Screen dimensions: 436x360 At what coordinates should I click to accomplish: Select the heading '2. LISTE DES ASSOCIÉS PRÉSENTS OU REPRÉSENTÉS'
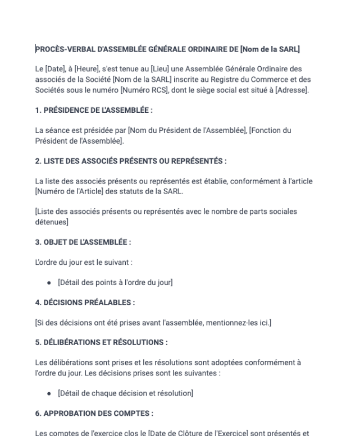point(130,161)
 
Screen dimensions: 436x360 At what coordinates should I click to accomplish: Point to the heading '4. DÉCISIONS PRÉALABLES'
point(84,302)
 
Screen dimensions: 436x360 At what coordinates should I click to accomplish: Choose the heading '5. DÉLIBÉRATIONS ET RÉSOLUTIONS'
point(101,342)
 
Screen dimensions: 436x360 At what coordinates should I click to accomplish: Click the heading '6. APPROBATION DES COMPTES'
point(93,413)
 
